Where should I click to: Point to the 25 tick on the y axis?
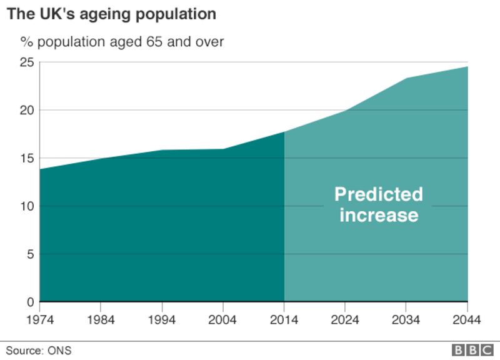click(x=25, y=62)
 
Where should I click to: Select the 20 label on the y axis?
click(x=25, y=110)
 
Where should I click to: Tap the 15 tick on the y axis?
click(x=25, y=158)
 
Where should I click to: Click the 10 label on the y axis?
click(x=25, y=206)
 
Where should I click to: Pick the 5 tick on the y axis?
click(x=28, y=254)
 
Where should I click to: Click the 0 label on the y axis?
click(x=28, y=302)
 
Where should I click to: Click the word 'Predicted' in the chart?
click(x=379, y=194)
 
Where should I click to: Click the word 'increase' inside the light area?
click(x=379, y=216)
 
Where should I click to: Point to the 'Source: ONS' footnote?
click(x=39, y=350)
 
